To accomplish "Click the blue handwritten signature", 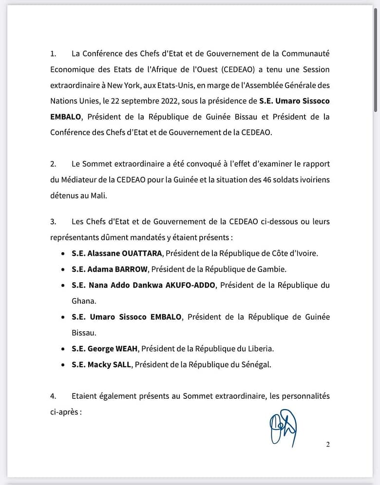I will [283, 427].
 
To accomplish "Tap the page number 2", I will [328, 444].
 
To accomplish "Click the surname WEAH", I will [128, 348].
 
